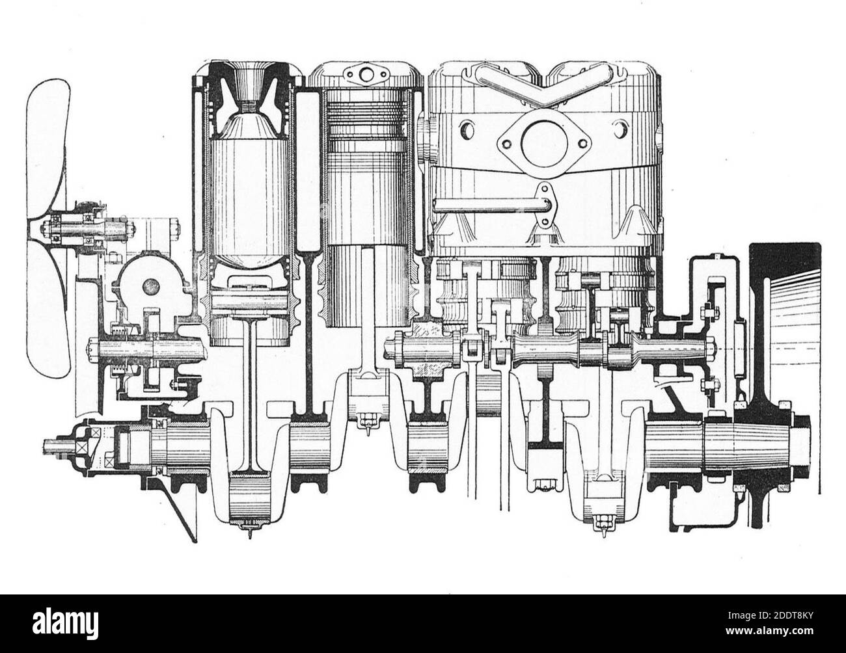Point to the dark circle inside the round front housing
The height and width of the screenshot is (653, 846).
[151, 285]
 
